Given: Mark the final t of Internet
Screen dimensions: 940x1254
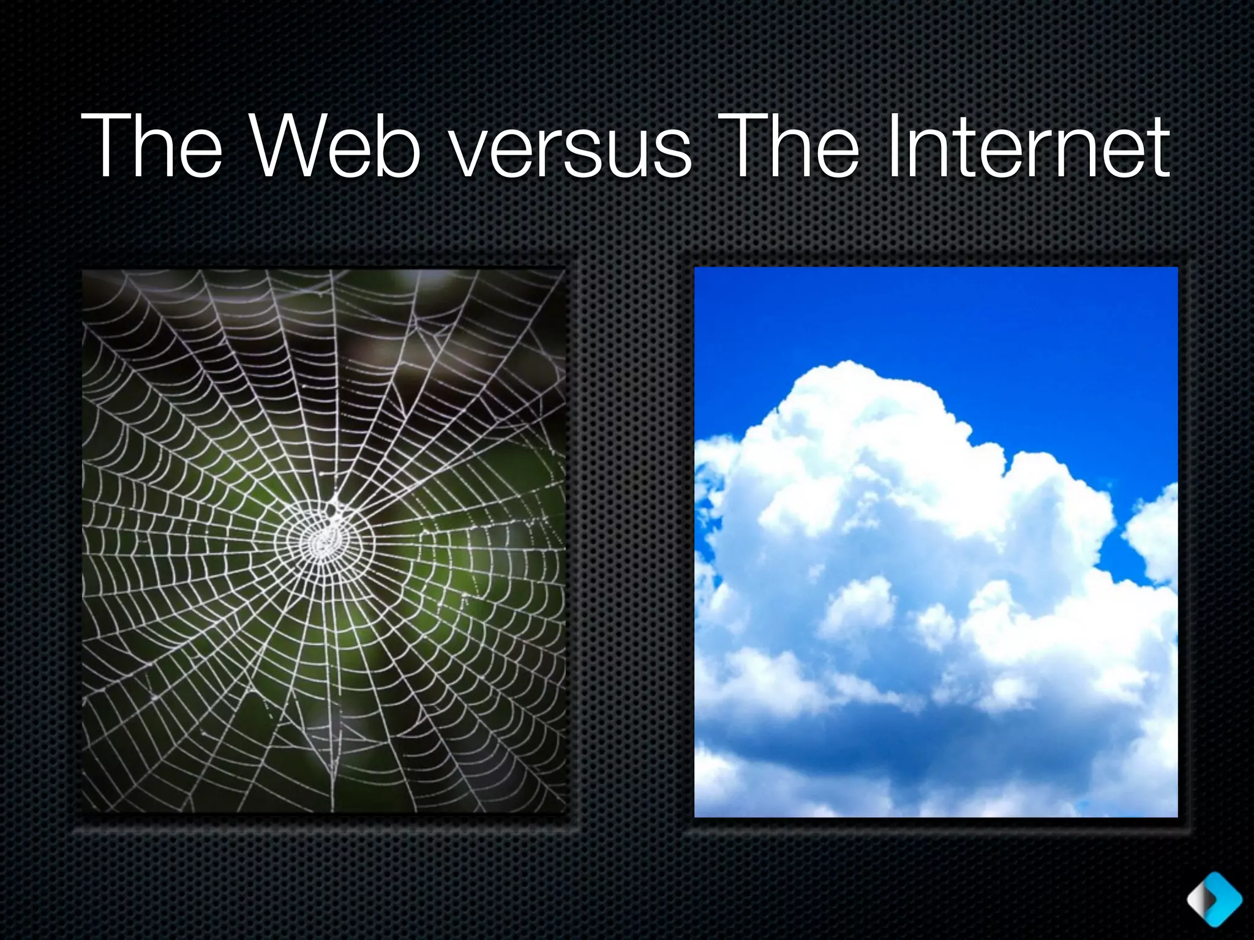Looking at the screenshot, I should click(x=1157, y=150).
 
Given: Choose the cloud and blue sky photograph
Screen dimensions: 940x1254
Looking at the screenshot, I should click(x=935, y=541).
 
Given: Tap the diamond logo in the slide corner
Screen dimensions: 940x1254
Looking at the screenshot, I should click(x=1214, y=899).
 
